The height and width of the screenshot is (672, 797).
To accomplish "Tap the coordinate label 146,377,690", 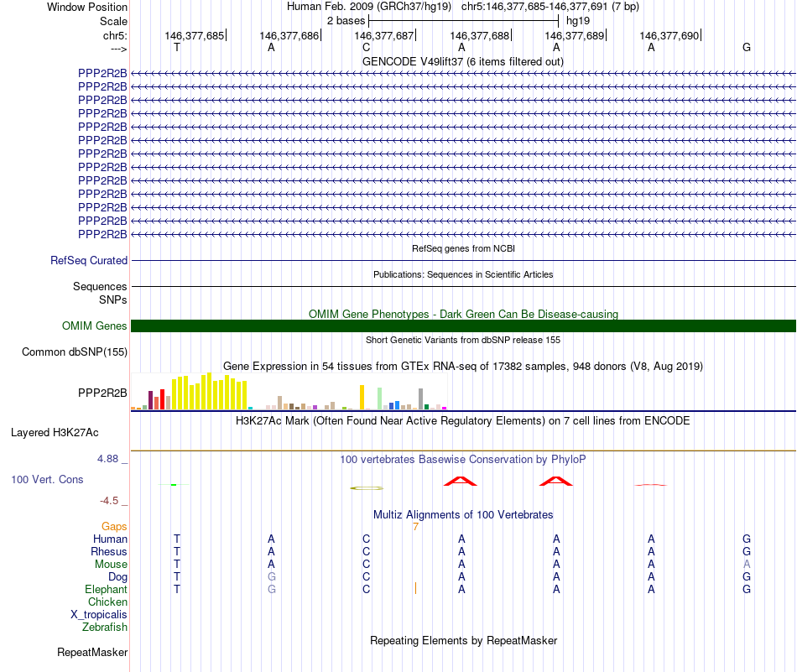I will pyautogui.click(x=669, y=35).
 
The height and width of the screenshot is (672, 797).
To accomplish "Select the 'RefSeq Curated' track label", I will pyautogui.click(x=89, y=260).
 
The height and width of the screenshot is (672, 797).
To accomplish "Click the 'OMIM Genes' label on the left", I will pyautogui.click(x=95, y=326).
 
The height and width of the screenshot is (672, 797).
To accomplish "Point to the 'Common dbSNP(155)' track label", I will pyautogui.click(x=75, y=352).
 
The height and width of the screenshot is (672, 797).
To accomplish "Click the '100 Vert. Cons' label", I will pyautogui.click(x=47, y=479).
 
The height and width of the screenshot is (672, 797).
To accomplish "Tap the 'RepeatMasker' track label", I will pyautogui.click(x=92, y=652).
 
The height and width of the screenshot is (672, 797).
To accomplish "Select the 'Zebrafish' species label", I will pyautogui.click(x=105, y=627).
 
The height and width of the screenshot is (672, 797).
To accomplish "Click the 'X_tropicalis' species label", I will pyautogui.click(x=99, y=614).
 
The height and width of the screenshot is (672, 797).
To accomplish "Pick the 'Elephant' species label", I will pyautogui.click(x=107, y=589).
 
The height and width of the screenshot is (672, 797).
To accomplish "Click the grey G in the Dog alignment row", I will pyautogui.click(x=271, y=576).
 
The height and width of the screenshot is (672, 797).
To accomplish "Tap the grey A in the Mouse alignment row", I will pyautogui.click(x=747, y=564).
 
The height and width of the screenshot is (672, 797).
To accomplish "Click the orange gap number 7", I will pyautogui.click(x=415, y=526).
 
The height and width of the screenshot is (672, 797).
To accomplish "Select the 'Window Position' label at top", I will pyautogui.click(x=87, y=7).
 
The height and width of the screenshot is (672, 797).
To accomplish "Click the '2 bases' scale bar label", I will pyautogui.click(x=346, y=19).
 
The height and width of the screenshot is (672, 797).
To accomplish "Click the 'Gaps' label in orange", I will pyautogui.click(x=114, y=526).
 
